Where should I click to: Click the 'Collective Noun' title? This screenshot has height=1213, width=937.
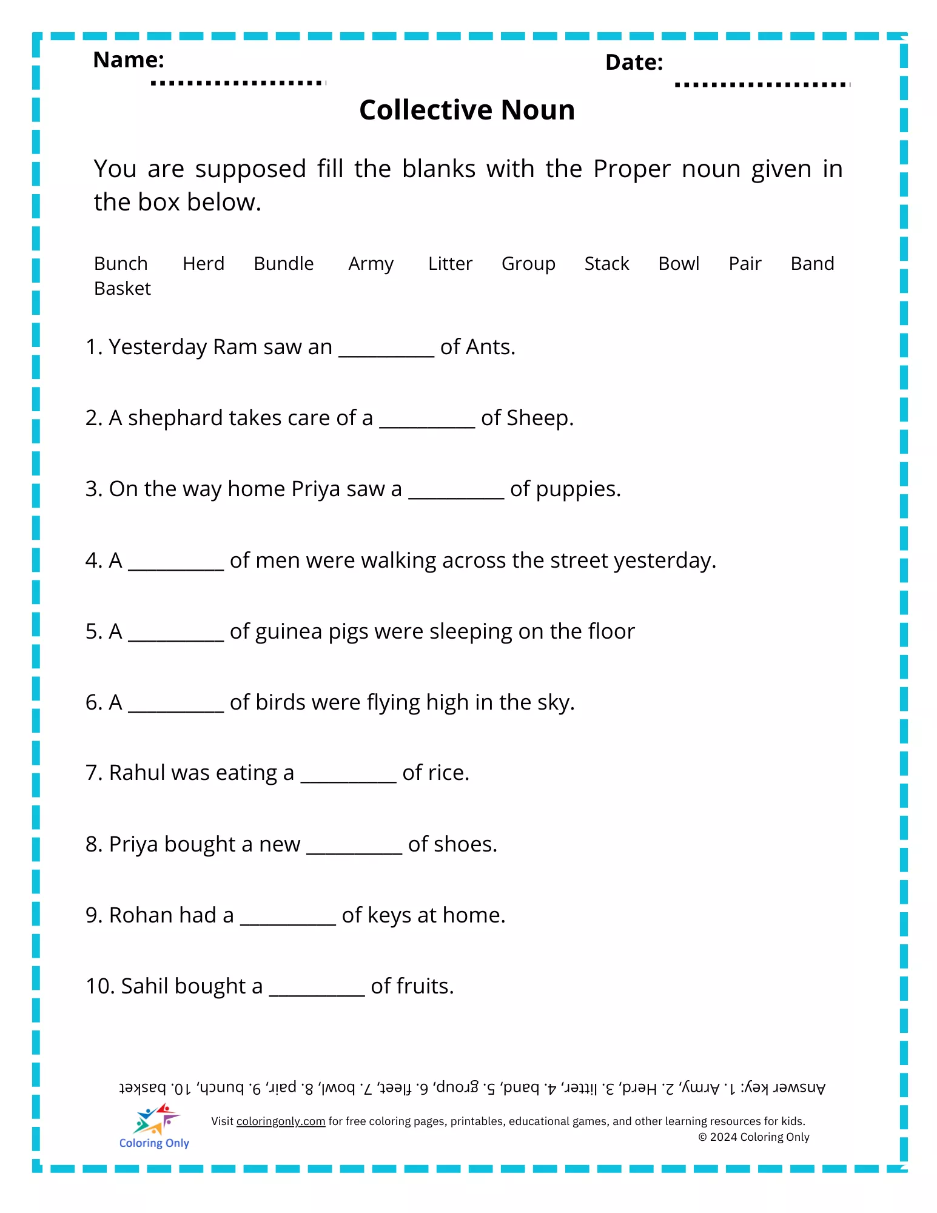click(467, 110)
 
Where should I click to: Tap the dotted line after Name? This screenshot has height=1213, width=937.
click(238, 82)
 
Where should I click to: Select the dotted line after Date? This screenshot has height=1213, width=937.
click(762, 84)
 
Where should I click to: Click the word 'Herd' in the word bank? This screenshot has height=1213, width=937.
click(203, 264)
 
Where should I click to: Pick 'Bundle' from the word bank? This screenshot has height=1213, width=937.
click(283, 264)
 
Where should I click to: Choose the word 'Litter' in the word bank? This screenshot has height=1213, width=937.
click(449, 264)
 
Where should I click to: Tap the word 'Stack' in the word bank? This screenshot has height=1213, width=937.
click(606, 264)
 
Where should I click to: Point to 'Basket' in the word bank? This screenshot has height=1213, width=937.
click(122, 289)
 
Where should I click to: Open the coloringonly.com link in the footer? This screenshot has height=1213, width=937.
click(281, 1121)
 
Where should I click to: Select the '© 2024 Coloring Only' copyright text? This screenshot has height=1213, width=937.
click(754, 1137)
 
